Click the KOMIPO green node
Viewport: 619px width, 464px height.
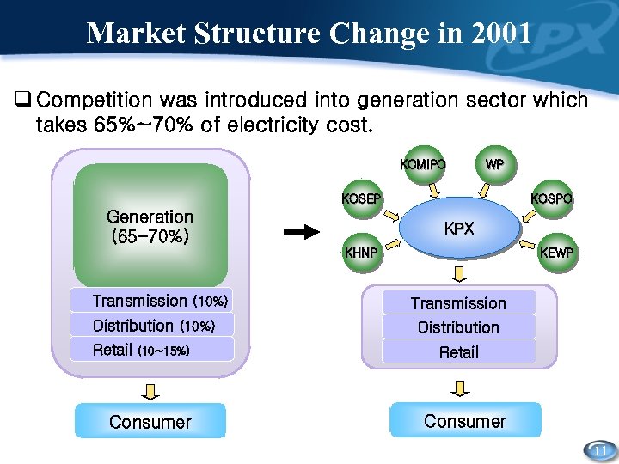click(x=422, y=164)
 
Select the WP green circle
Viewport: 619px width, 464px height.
click(x=494, y=164)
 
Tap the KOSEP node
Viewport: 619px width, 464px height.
click(x=360, y=198)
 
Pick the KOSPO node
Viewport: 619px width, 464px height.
click(x=551, y=198)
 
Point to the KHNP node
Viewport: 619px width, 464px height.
click(x=360, y=253)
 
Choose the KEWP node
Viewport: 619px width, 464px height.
click(x=556, y=253)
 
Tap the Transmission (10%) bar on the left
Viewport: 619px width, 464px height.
click(x=152, y=301)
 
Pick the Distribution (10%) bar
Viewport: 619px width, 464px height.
click(x=152, y=326)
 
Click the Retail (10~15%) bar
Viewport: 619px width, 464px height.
click(x=152, y=350)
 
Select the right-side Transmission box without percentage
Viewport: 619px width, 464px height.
click(x=458, y=303)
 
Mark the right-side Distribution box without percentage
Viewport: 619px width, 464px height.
click(x=458, y=327)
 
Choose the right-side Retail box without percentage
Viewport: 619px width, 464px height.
click(x=458, y=351)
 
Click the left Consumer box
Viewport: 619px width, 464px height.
click(x=150, y=422)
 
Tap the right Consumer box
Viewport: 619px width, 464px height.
click(x=465, y=421)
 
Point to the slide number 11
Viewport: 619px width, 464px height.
click(x=600, y=450)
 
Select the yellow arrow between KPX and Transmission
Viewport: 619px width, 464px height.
click(x=459, y=274)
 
